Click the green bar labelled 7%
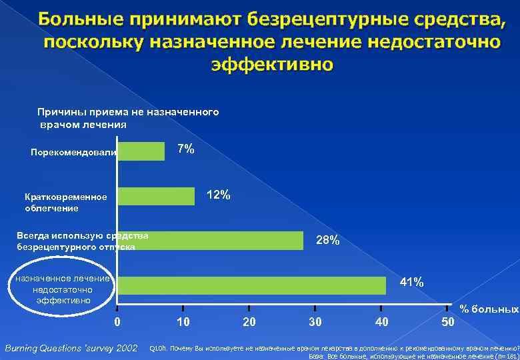pos(141,151)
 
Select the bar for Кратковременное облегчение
pos(157,196)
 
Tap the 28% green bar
pos(211,241)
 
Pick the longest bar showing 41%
pos(252,285)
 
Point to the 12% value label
pos(219,195)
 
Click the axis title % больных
pos(489,309)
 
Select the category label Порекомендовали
pos(74,153)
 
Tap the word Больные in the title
pos(79,20)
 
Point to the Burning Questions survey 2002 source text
pos(71,347)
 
